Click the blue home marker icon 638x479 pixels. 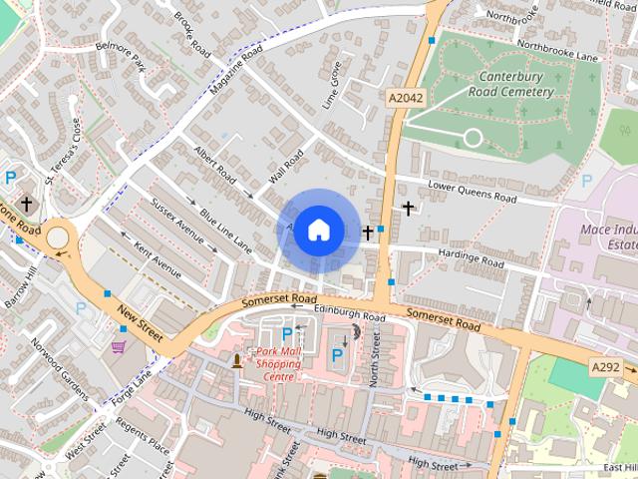(x=318, y=230)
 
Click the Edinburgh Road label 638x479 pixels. (x=349, y=312)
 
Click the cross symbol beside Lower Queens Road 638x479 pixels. (x=408, y=208)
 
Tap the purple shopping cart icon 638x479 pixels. (x=119, y=346)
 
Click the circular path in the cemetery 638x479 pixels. (x=473, y=137)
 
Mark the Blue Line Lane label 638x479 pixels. (x=224, y=230)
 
